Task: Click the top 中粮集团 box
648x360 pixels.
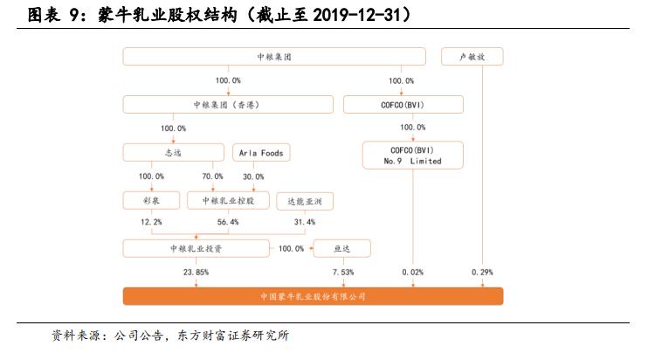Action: click(273, 57)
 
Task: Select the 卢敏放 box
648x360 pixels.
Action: click(472, 57)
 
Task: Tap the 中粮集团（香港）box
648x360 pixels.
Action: click(227, 105)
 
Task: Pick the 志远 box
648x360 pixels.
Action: click(173, 153)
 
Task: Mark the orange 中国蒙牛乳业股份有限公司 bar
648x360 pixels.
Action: click(314, 296)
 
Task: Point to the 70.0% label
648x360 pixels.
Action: click(214, 177)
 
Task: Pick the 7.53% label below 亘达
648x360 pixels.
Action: click(343, 272)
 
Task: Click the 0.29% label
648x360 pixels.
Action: click(482, 272)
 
